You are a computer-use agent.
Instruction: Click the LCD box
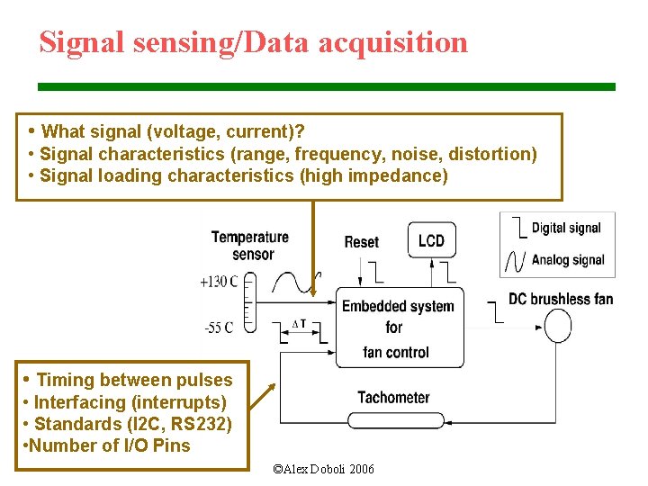pyautogui.click(x=431, y=240)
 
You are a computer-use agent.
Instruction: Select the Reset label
pyautogui.click(x=362, y=242)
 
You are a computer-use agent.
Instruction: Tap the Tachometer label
pyautogui.click(x=393, y=397)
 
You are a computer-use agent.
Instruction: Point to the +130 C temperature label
pyautogui.click(x=219, y=282)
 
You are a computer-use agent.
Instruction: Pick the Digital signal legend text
pyautogui.click(x=567, y=228)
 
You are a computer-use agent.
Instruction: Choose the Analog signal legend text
pyautogui.click(x=568, y=260)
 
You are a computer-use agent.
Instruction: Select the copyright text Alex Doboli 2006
pyautogui.click(x=323, y=469)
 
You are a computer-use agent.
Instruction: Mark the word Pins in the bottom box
pyautogui.click(x=172, y=445)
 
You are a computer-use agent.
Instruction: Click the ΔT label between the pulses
pyautogui.click(x=300, y=324)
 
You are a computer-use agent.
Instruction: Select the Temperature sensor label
pyautogui.click(x=250, y=245)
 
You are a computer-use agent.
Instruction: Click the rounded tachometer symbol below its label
pyautogui.click(x=393, y=420)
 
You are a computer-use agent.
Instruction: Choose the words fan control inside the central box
pyautogui.click(x=396, y=352)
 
